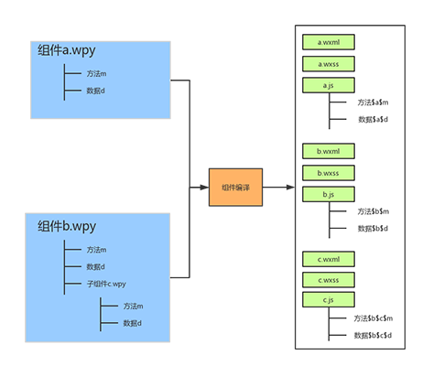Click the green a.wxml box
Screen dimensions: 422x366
pyautogui.click(x=329, y=42)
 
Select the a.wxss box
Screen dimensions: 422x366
pyautogui.click(x=329, y=64)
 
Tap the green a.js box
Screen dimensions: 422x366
pyautogui.click(x=329, y=85)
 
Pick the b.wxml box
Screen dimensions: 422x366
pyautogui.click(x=329, y=151)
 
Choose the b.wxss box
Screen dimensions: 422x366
pyautogui.click(x=329, y=173)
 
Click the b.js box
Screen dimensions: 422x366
pyautogui.click(x=329, y=194)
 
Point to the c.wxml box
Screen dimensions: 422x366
pyautogui.click(x=329, y=259)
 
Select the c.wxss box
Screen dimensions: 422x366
pyautogui.click(x=329, y=280)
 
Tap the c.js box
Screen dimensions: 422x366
pyautogui.click(x=329, y=300)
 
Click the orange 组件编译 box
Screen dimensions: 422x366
pyautogui.click(x=235, y=188)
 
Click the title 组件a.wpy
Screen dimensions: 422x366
pyautogui.click(x=67, y=50)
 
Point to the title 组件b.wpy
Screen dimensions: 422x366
pyautogui.click(x=67, y=226)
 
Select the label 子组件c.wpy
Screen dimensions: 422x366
pyautogui.click(x=106, y=284)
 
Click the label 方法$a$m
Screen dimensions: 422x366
pyautogui.click(x=373, y=102)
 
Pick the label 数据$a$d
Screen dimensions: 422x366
pyautogui.click(x=373, y=120)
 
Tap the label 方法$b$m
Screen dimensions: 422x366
pyautogui.click(x=373, y=211)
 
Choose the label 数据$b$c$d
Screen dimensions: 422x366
pyautogui.click(x=373, y=336)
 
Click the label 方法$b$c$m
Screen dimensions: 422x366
pyautogui.click(x=373, y=318)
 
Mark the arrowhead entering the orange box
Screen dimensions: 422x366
pyautogui.click(x=204, y=188)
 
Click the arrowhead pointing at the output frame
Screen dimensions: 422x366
pyautogui.click(x=290, y=188)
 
